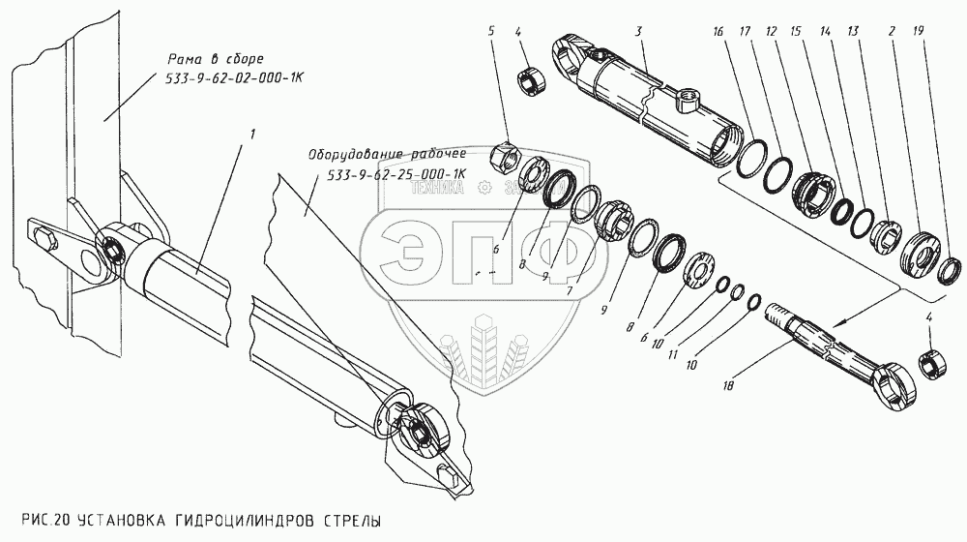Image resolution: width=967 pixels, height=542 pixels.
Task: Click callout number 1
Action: tap(252, 132)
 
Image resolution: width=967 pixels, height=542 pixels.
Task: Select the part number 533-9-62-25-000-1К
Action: tap(392, 175)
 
